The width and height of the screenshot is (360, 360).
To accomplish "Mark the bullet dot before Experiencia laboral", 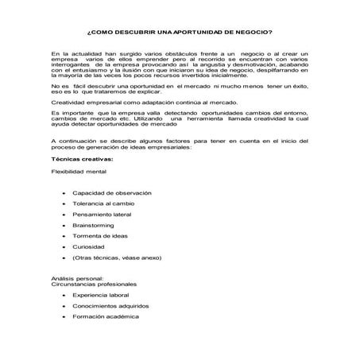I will (62, 295).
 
